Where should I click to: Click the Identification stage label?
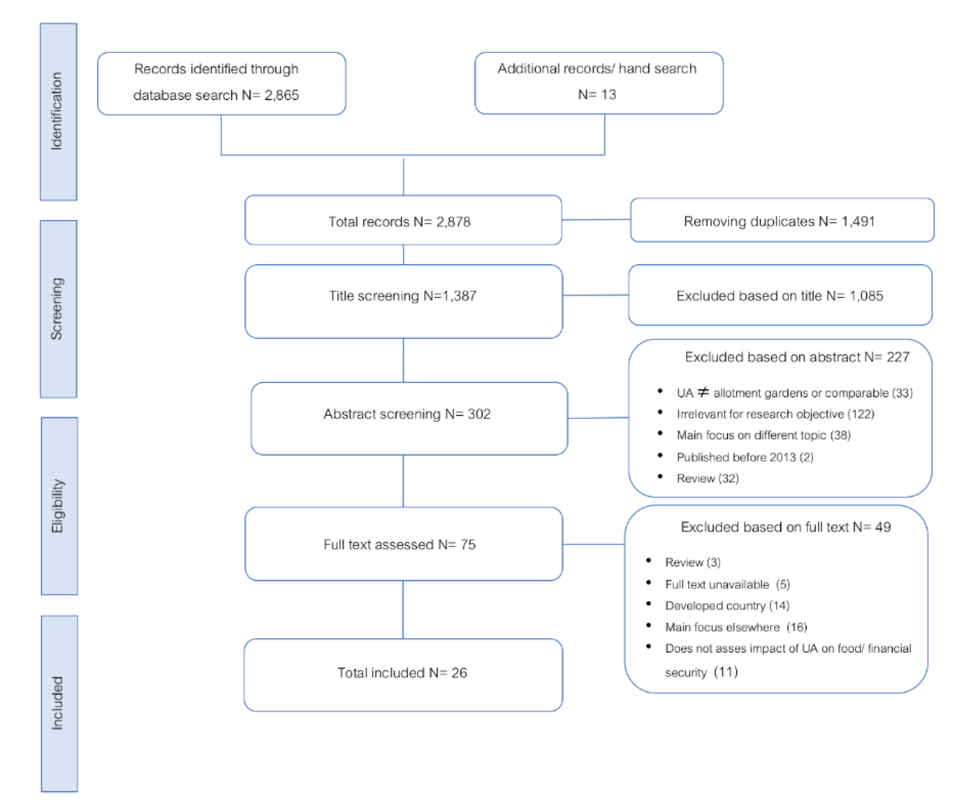tap(56, 111)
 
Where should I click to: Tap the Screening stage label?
tap(56, 309)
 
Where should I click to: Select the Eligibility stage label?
tap(57, 506)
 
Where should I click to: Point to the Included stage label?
tap(57, 703)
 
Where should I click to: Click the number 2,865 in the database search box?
tap(282, 95)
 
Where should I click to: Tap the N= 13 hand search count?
tap(596, 95)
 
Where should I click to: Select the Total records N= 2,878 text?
tap(400, 222)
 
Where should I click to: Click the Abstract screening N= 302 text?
tap(407, 414)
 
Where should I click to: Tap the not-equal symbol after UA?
tap(703, 392)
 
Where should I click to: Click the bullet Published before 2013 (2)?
tap(745, 457)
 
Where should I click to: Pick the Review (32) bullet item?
tap(708, 478)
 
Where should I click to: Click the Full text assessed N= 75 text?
tap(400, 544)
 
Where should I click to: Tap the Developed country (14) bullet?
tap(727, 606)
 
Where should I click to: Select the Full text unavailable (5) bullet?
tap(727, 584)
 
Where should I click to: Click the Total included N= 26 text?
tap(402, 673)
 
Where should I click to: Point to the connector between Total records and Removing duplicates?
tap(596, 220)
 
